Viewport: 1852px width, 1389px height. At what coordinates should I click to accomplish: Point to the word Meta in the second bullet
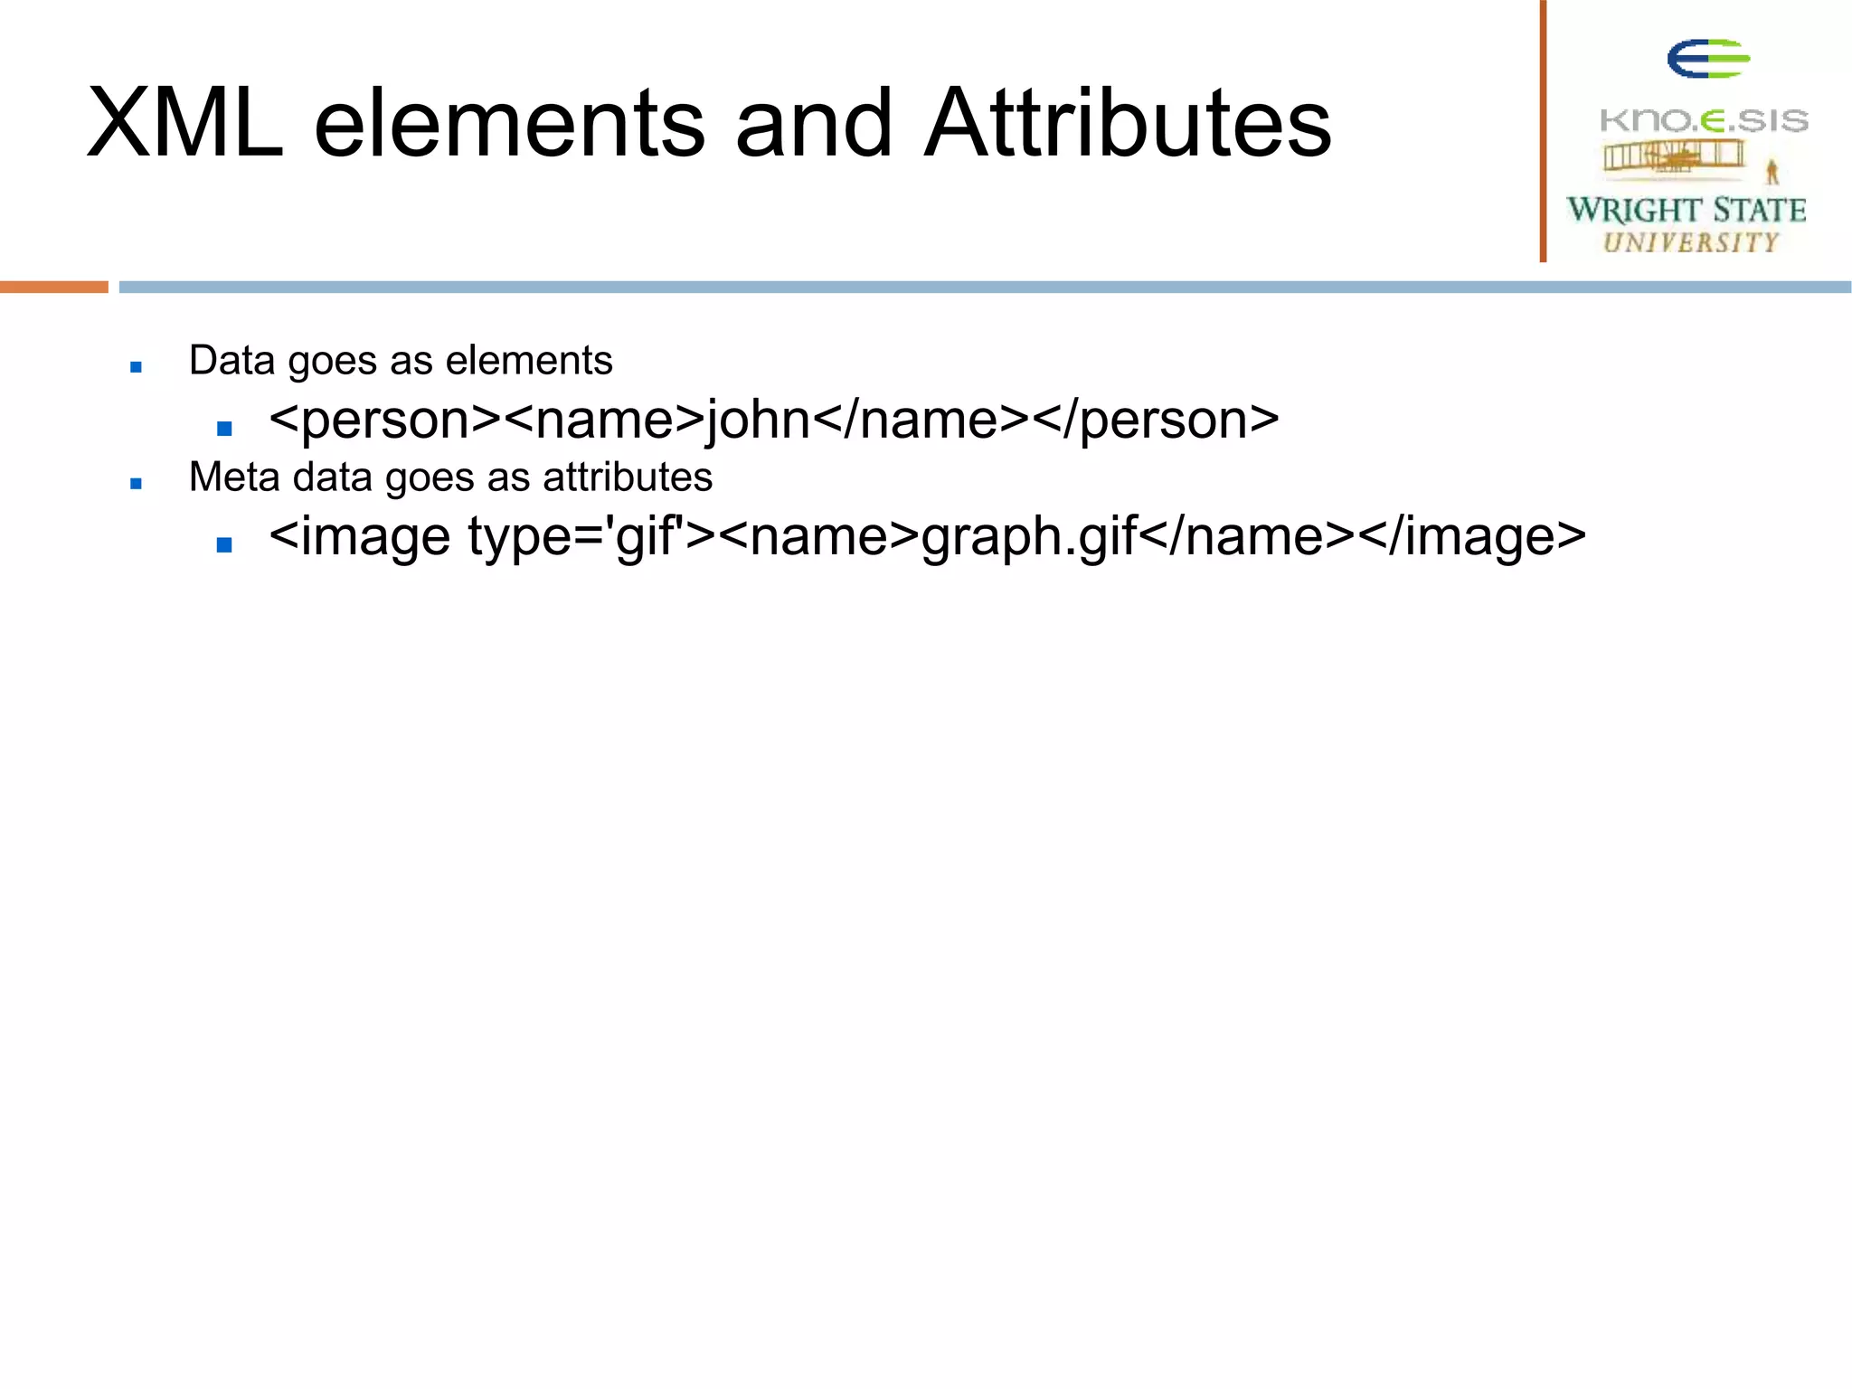tap(234, 477)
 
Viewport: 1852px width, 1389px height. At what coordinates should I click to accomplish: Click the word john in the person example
tap(758, 420)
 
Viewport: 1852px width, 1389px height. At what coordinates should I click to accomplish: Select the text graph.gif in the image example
tap(1029, 537)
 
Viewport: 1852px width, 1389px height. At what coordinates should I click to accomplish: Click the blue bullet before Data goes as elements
tap(137, 366)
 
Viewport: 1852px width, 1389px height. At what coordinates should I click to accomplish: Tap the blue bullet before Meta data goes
tap(137, 483)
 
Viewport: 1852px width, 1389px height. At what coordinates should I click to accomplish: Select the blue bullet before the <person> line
tap(225, 428)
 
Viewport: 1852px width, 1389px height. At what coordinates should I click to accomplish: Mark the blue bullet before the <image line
tap(225, 544)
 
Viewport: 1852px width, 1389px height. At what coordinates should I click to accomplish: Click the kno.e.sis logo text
tap(1704, 120)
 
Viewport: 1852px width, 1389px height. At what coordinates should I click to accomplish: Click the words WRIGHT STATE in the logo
tap(1687, 210)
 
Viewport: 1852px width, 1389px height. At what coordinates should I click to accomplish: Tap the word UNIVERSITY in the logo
tap(1690, 242)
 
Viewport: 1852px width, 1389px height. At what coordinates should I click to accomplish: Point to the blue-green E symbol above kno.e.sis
tap(1707, 60)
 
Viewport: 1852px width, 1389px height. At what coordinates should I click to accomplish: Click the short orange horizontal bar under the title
tap(54, 287)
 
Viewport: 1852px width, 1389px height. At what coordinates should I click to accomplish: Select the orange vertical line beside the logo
tap(1544, 131)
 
